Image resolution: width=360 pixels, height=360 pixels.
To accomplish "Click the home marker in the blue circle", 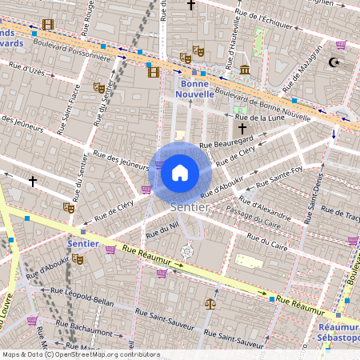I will [x=180, y=172].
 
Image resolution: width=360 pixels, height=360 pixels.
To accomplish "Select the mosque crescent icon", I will [x=334, y=62].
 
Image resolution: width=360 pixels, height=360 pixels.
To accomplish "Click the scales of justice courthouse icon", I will [x=210, y=303].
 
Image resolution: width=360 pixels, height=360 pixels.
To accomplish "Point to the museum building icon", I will [x=244, y=70].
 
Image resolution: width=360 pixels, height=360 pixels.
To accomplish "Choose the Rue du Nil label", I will [x=162, y=230].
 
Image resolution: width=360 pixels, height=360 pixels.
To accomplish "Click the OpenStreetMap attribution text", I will [x=80, y=354].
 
